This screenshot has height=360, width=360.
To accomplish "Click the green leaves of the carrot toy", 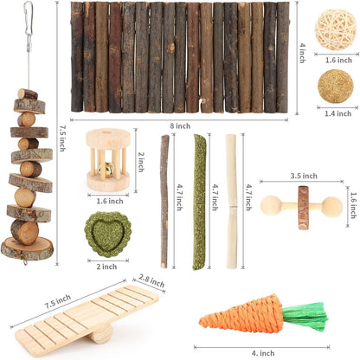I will [x=304, y=317].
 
